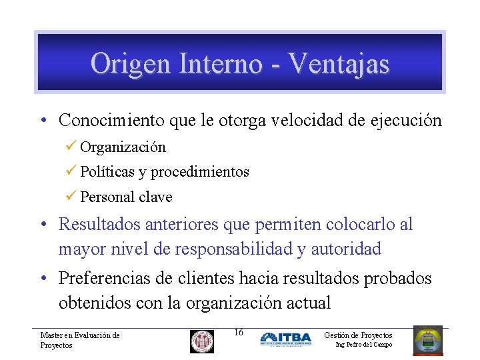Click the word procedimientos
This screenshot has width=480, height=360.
click(200, 172)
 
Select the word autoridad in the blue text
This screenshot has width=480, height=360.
click(346, 249)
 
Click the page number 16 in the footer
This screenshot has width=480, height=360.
click(239, 333)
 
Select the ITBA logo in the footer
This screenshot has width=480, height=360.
click(285, 339)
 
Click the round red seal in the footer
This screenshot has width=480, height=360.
click(202, 341)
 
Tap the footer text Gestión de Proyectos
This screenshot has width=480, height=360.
click(358, 335)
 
